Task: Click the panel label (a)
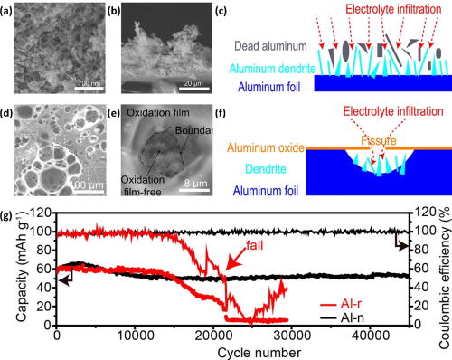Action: pyautogui.click(x=10, y=11)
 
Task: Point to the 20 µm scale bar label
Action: pyautogui.click(x=195, y=83)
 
